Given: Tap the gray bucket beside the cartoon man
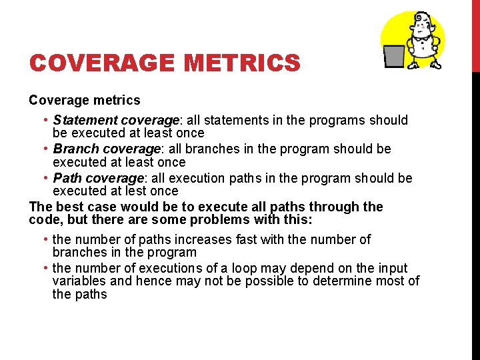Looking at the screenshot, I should pos(394,55).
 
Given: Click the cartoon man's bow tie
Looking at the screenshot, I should pos(421,37).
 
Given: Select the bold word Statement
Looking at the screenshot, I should pos(83,121).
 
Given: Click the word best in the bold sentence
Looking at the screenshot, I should pos(68,207).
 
